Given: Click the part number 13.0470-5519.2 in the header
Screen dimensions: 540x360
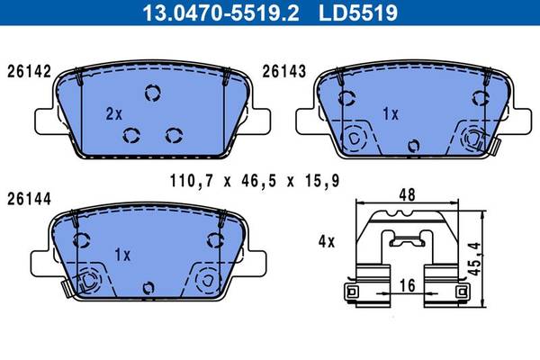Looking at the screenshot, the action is pyautogui.click(x=220, y=13).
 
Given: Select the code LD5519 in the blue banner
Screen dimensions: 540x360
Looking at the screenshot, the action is pyautogui.click(x=358, y=13).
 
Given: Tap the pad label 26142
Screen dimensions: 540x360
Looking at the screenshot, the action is pyautogui.click(x=30, y=72).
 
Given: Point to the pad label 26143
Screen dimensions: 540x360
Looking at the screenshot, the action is pyautogui.click(x=284, y=72).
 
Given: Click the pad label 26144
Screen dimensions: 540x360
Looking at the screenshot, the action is pyautogui.click(x=30, y=199).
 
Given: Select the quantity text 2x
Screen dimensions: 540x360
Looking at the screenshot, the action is pyautogui.click(x=114, y=113).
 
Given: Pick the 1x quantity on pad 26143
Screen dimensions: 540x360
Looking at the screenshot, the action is pyautogui.click(x=391, y=113).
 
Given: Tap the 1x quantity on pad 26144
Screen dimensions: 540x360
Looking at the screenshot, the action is pyautogui.click(x=122, y=255).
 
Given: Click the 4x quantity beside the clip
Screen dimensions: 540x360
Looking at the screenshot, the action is pyautogui.click(x=327, y=241).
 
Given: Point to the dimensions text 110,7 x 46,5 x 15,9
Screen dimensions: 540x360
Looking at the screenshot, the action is pyautogui.click(x=255, y=181).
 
